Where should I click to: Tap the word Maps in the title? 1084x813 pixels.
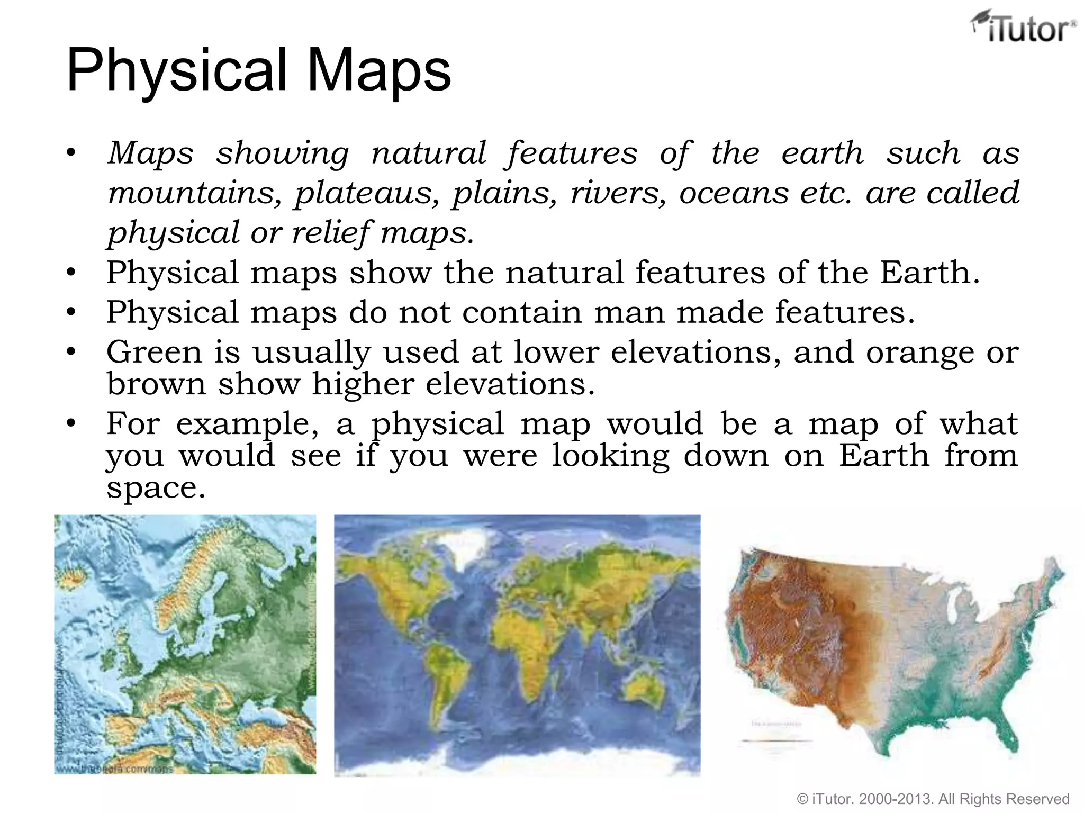379,71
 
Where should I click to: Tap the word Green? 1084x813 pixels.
154,352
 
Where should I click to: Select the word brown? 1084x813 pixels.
156,384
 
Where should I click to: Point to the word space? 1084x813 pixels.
155,488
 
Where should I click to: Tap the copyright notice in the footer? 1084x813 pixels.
933,799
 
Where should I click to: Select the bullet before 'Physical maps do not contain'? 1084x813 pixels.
71,312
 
